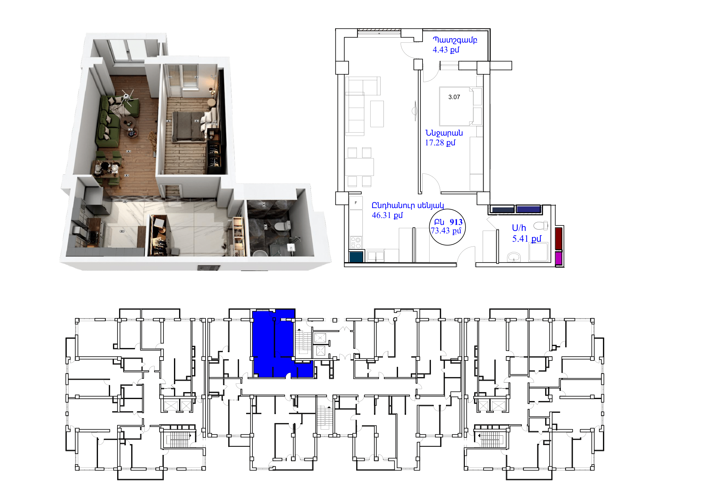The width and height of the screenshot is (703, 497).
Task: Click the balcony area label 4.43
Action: click(440, 50)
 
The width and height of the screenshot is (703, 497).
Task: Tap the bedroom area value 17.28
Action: click(434, 143)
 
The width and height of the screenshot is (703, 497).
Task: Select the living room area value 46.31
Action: click(381, 215)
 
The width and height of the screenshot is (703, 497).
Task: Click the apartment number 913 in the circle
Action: click(456, 222)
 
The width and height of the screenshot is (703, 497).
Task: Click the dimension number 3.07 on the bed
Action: click(454, 97)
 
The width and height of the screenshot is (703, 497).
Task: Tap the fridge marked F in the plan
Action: click(356, 203)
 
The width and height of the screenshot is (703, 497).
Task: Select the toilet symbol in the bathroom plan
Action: click(541, 226)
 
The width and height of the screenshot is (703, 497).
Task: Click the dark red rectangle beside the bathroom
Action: click(559, 238)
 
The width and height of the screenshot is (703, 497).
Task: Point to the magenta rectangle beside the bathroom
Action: click(559, 259)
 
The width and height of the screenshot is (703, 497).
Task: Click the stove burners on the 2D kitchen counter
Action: click(356, 243)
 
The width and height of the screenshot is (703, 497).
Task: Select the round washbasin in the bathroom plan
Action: click(514, 257)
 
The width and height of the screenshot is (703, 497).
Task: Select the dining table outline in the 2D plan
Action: click(359, 167)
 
